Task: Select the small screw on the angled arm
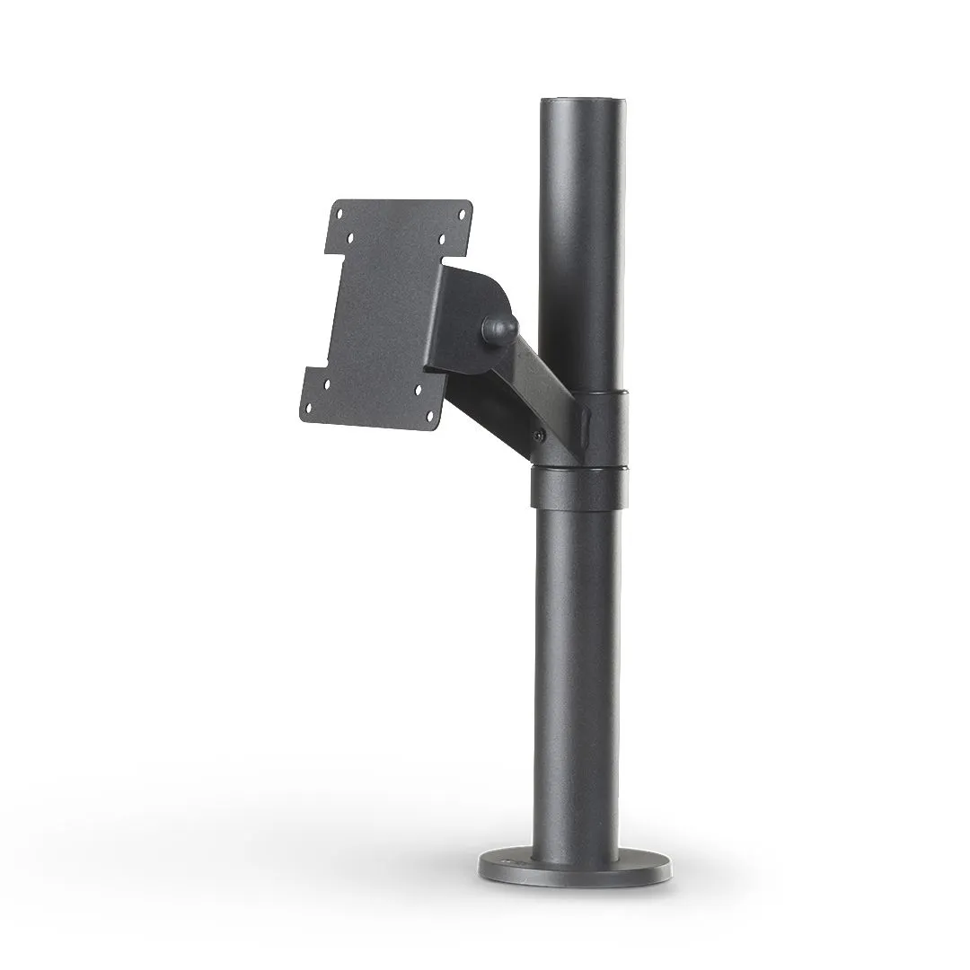point(538,436)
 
